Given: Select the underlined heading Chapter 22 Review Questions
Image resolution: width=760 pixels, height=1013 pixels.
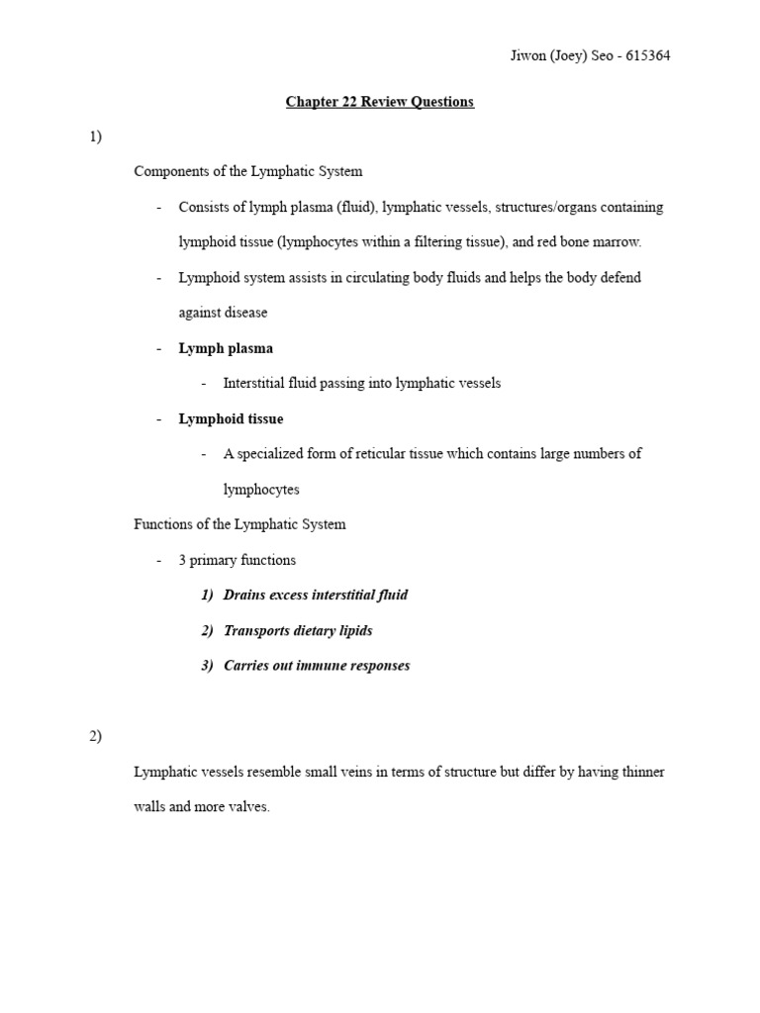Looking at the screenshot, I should click(380, 102).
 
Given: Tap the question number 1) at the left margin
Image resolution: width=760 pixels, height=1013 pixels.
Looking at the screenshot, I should click(95, 137).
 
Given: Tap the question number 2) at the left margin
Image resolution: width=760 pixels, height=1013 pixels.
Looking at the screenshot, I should click(95, 736).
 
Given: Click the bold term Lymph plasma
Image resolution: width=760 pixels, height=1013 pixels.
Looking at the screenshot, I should click(226, 348).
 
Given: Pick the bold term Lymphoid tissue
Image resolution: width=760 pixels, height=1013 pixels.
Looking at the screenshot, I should click(231, 418).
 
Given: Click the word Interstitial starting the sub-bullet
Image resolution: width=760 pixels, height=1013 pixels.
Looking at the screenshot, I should click(256, 383).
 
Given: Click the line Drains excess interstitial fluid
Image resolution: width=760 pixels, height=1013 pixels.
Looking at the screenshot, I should click(316, 595).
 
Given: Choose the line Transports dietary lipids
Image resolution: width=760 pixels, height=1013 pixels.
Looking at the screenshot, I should click(298, 630).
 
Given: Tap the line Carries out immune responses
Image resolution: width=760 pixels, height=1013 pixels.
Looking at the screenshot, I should click(317, 666).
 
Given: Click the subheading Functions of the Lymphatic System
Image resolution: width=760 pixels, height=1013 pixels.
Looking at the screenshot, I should click(239, 524).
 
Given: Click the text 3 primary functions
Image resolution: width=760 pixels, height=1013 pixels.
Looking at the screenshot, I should click(237, 560).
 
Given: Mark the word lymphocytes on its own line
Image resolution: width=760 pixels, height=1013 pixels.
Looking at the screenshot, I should click(261, 490).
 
